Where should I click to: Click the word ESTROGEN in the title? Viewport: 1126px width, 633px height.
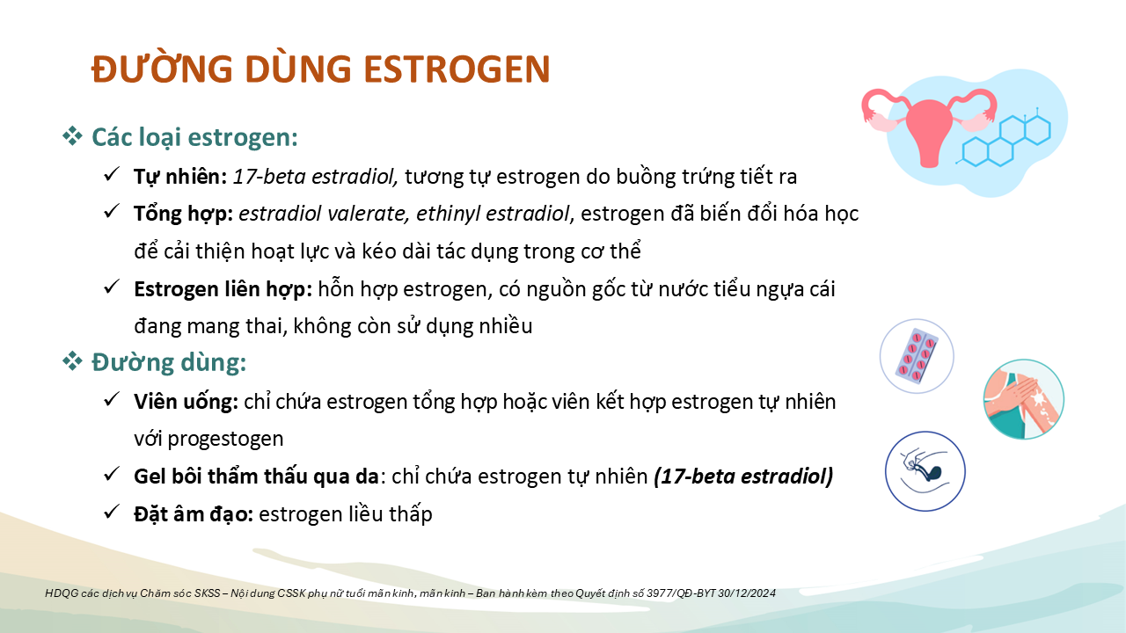coord(457,69)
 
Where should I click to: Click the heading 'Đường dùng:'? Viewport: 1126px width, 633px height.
coord(169,361)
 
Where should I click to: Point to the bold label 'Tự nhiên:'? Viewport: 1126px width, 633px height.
coord(180,177)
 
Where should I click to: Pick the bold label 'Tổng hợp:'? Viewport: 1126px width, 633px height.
coord(184,214)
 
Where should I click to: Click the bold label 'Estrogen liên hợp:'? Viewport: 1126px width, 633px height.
coord(223,289)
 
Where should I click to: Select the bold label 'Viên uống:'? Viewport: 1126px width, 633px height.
coord(186,402)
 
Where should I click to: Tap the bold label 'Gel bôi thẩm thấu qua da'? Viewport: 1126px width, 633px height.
coord(256,477)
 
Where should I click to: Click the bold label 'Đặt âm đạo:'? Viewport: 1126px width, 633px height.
coord(194,513)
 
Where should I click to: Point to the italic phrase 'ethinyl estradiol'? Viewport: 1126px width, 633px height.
coord(494,214)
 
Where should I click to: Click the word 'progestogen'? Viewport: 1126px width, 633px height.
coord(226,440)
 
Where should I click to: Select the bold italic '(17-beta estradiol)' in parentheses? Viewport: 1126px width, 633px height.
coord(743,477)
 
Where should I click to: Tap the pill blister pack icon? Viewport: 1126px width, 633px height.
coord(917,356)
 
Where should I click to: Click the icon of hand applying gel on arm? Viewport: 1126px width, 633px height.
coord(1023,399)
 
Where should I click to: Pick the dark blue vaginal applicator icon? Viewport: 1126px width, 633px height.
coord(925,471)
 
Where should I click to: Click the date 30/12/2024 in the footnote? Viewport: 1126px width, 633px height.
coord(747,593)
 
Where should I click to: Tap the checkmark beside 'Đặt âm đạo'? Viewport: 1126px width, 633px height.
coord(111,512)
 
